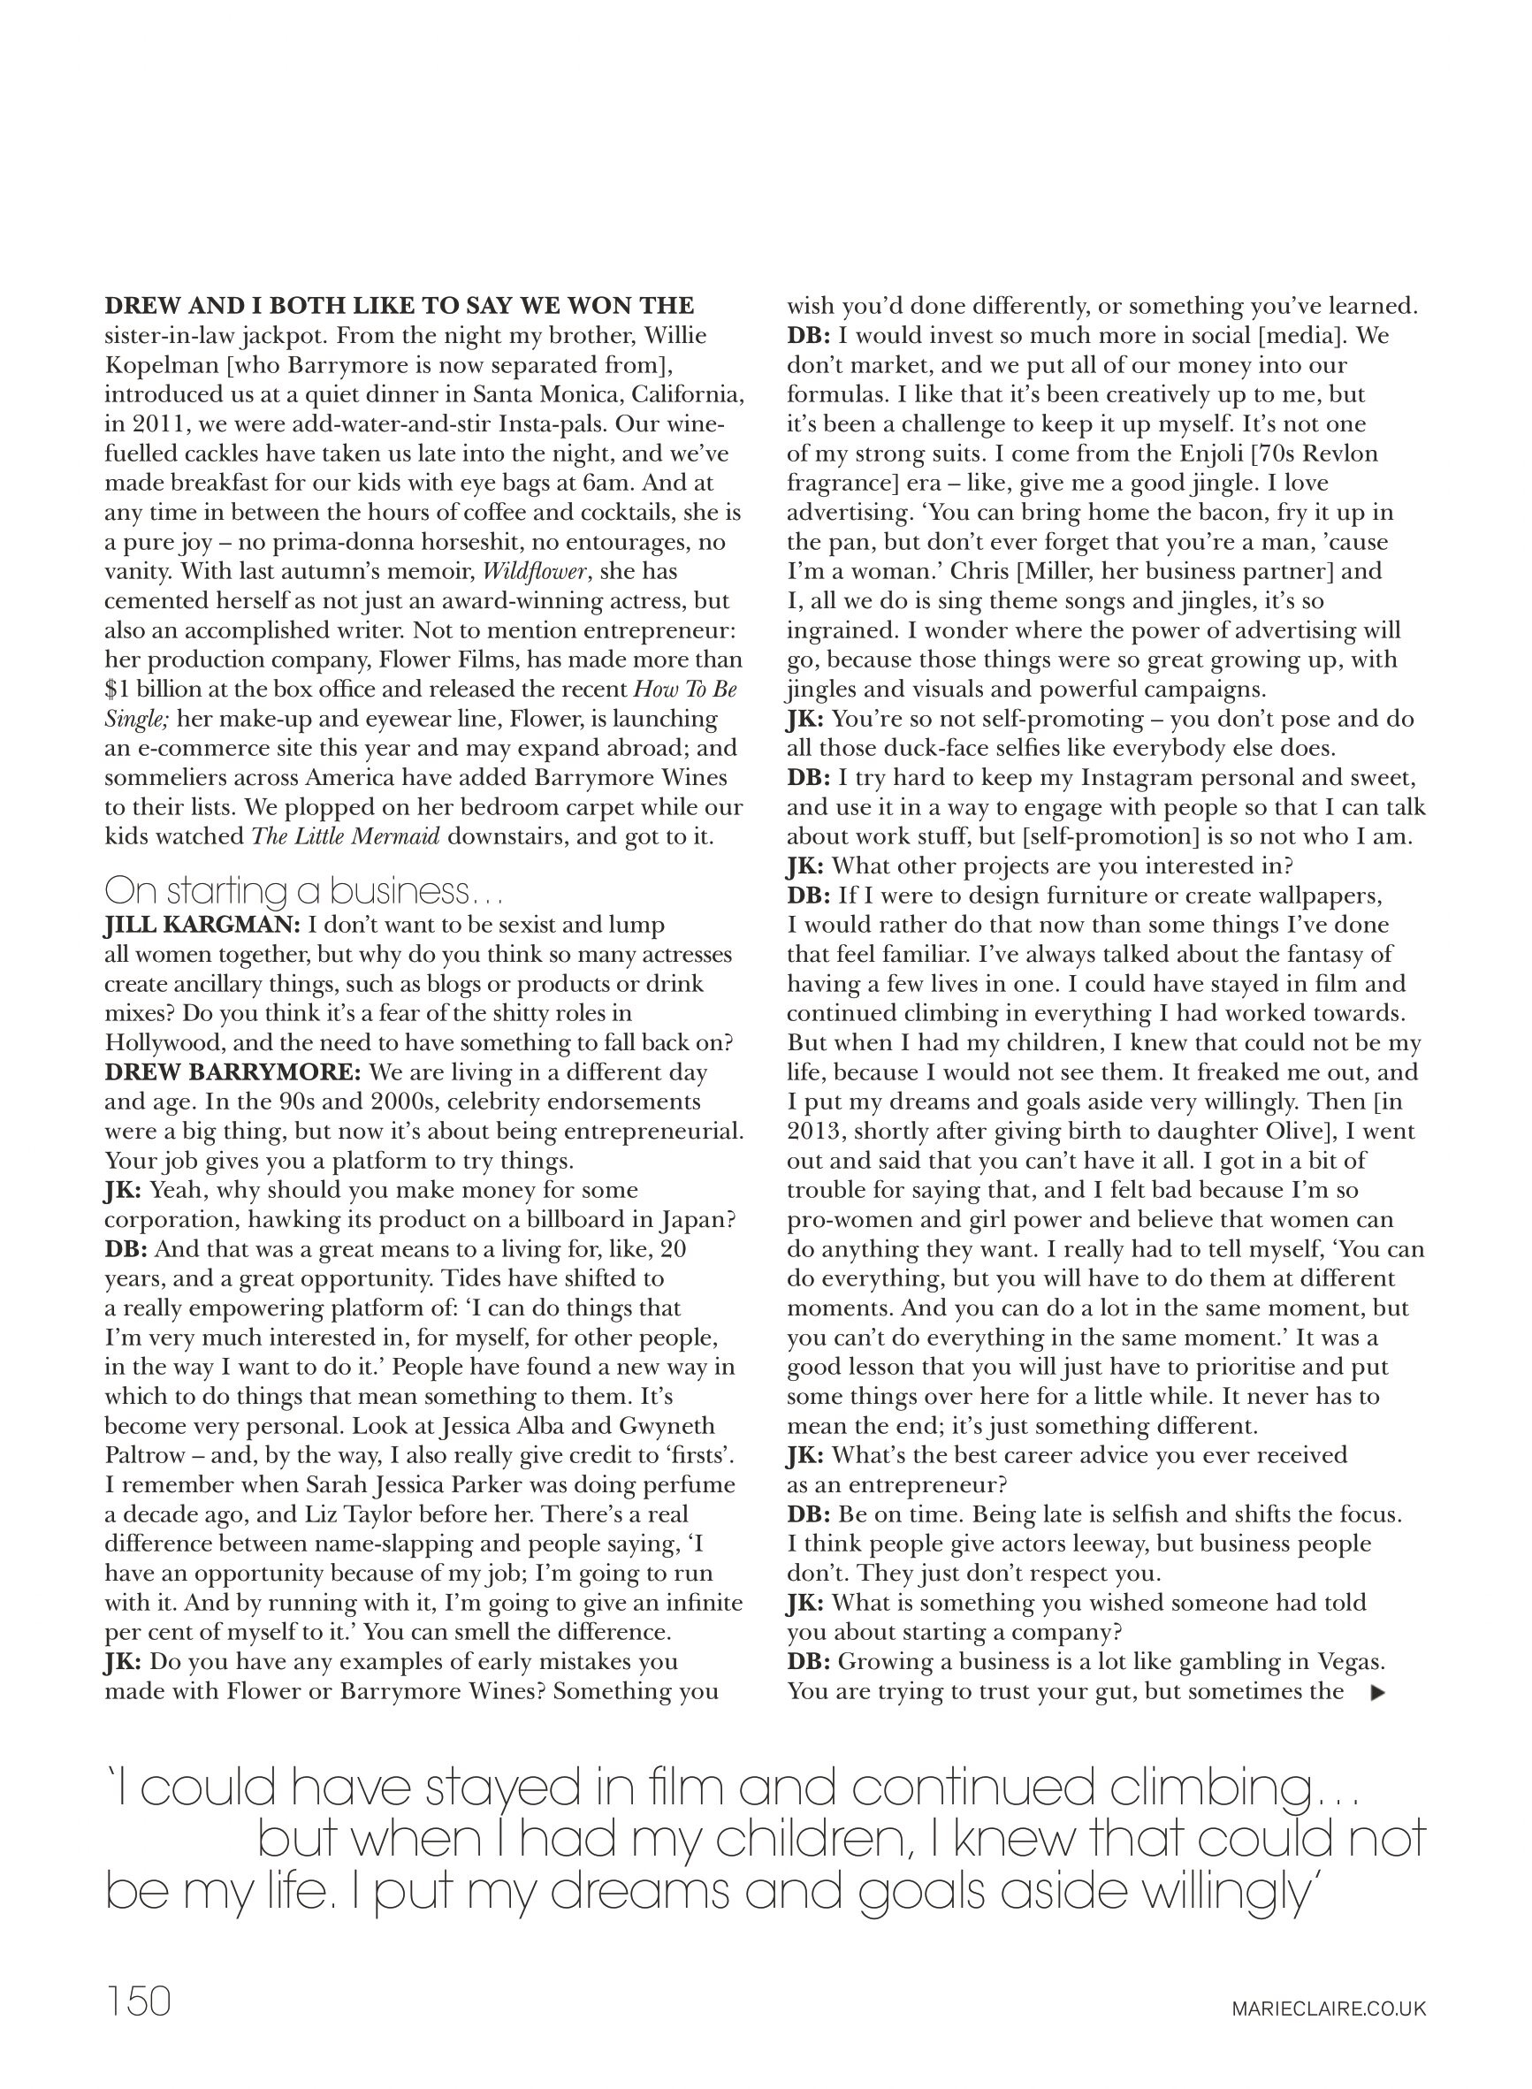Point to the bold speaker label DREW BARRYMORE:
[x=232, y=1072]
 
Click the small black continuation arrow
[x=1378, y=1692]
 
